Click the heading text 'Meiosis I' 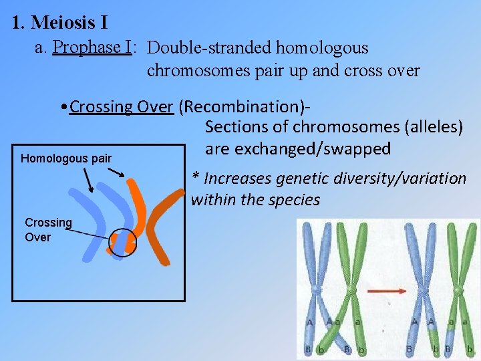(69, 23)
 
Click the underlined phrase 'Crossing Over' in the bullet (121, 107)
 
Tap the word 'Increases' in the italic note (239, 178)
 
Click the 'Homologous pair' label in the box (66, 159)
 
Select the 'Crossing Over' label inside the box (48, 229)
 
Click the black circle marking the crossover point (122, 243)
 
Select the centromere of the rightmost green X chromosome (458, 291)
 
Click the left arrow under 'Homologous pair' (88, 178)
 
